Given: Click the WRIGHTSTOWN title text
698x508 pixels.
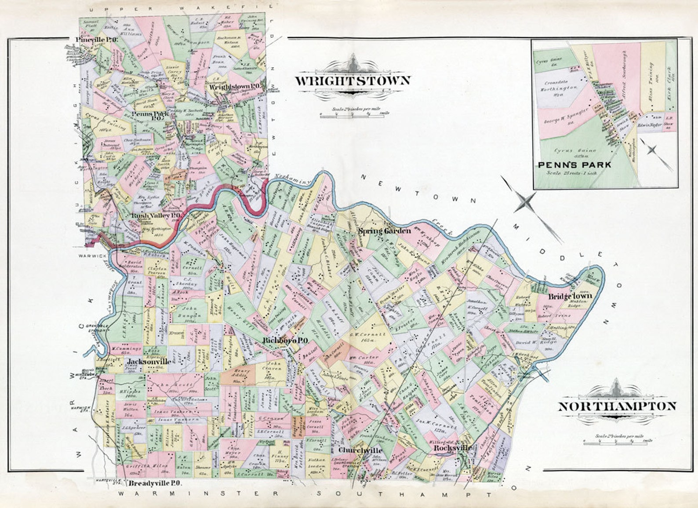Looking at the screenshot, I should [x=352, y=81].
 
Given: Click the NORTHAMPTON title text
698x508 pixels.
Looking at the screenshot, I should [x=617, y=406].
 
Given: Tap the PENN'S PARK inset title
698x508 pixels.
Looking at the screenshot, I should [x=574, y=165].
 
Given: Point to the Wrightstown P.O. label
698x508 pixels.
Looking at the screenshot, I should [x=236, y=87].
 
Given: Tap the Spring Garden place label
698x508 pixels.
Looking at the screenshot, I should [x=385, y=231].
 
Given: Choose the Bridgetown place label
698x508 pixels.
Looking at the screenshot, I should [x=570, y=296].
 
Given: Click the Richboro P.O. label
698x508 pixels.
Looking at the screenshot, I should [x=285, y=340].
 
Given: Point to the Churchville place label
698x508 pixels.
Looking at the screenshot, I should [x=360, y=451].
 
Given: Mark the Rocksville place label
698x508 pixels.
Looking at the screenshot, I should [x=453, y=448].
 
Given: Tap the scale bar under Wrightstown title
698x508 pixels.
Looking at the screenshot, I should [x=354, y=115].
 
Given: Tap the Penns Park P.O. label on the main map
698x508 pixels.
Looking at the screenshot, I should [x=145, y=115].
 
